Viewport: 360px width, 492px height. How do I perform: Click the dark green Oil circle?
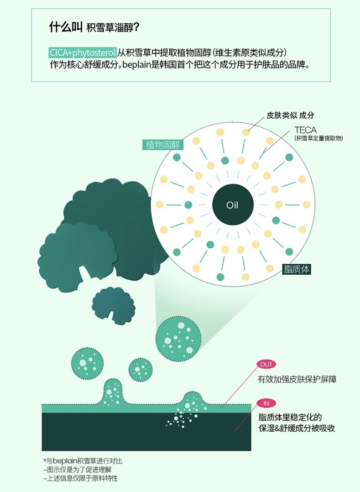coord(233,204)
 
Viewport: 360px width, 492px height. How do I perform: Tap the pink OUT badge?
coord(266,365)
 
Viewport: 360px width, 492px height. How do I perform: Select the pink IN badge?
coord(266,403)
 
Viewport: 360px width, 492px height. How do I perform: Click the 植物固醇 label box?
coord(163,145)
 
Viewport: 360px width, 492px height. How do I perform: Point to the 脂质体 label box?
coord(296,269)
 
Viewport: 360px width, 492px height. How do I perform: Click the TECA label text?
coord(305,130)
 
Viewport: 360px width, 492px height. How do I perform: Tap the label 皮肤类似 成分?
coord(290,115)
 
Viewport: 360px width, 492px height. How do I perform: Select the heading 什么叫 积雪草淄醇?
coord(94,27)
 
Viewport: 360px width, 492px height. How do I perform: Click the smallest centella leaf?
coord(113,305)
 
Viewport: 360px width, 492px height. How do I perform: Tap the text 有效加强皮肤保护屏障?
coord(297,379)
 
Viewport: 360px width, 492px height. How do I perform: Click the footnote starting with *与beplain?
coord(83,461)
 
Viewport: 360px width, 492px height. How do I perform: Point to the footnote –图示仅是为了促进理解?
coord(78,470)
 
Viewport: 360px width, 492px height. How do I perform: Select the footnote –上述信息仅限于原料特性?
coord(81,478)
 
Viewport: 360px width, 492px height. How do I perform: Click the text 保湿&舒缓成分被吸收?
coord(297,428)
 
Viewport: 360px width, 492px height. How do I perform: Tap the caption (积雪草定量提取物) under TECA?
coord(318,138)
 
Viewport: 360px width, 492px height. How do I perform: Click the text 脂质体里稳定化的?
coord(290,417)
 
